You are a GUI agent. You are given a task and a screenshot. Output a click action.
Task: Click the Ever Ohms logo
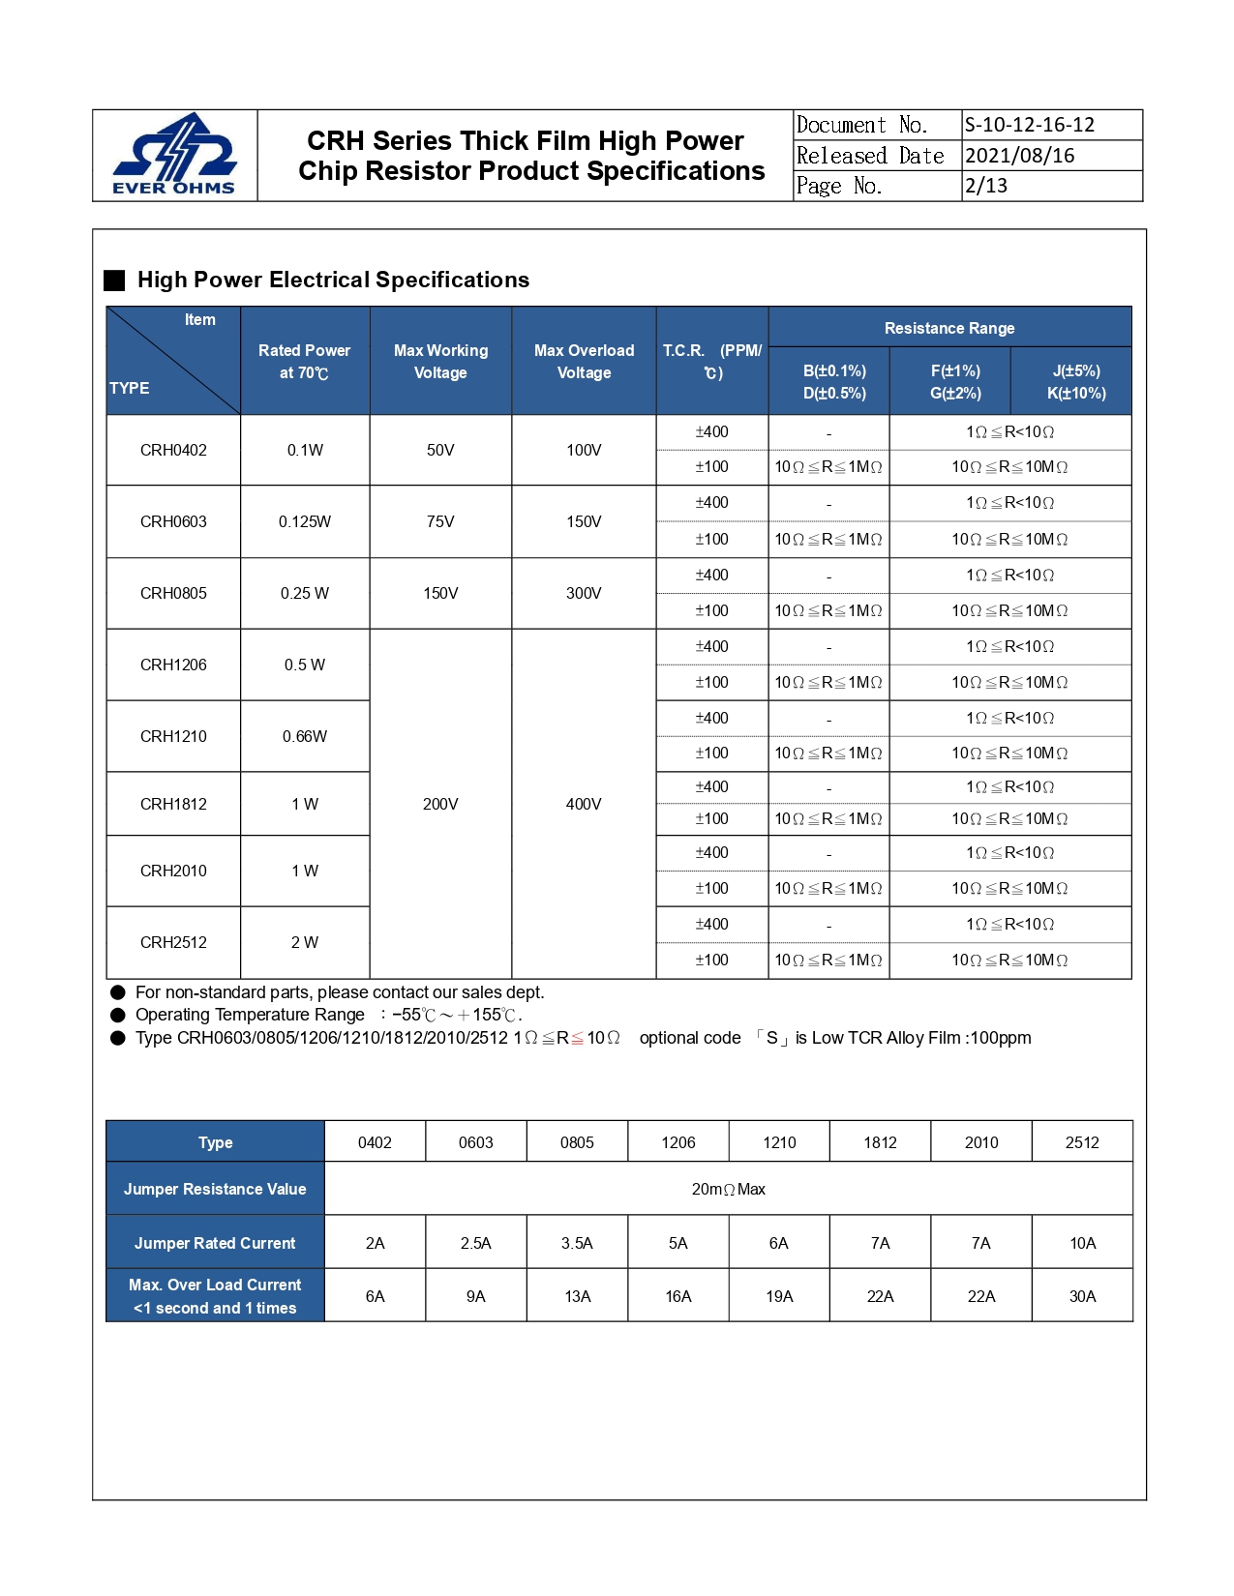[x=174, y=155]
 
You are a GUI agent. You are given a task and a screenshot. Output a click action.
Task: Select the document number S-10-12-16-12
[x=1030, y=125]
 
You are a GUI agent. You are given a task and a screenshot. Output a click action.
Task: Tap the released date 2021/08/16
[x=1020, y=156]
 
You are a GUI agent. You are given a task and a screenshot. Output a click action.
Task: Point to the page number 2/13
[x=986, y=186]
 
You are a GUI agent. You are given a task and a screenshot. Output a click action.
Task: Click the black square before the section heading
[x=115, y=281]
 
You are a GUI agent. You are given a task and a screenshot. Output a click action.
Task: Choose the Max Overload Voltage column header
[x=584, y=361]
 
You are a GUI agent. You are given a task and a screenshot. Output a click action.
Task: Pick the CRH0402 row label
[x=173, y=450]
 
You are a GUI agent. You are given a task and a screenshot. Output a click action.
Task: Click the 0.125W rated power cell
[x=305, y=521]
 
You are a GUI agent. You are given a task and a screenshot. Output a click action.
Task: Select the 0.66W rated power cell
[x=305, y=736]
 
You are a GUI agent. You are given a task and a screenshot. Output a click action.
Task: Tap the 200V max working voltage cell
[x=440, y=804]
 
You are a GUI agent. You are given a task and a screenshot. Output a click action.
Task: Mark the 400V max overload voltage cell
[x=584, y=804]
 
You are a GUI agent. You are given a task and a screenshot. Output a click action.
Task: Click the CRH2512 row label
[x=173, y=942]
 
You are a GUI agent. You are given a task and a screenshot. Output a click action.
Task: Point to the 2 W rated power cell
[x=305, y=942]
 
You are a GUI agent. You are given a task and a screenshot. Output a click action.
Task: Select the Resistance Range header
[x=949, y=328]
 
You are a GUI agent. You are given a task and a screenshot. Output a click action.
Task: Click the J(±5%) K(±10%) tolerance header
[x=1075, y=382]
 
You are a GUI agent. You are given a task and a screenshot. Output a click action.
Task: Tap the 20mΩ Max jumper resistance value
[x=728, y=1189]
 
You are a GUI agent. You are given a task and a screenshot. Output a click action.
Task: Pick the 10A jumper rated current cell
[x=1082, y=1243]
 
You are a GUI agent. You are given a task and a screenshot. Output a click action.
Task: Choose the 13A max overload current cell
[x=577, y=1296]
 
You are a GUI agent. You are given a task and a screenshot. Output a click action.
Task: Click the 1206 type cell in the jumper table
[x=678, y=1142]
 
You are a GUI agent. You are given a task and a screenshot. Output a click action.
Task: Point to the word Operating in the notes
[x=172, y=1015]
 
